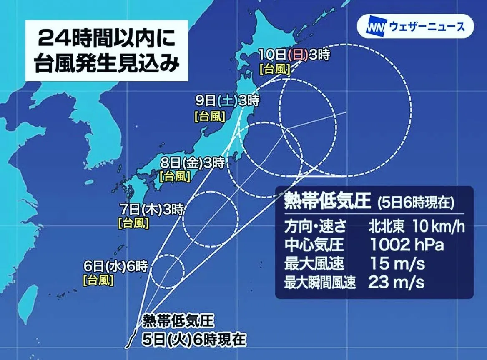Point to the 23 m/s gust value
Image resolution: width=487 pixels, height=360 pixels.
point(396,283)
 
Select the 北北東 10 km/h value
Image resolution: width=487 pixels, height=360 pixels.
point(416,226)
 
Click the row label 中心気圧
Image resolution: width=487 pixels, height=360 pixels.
point(308,245)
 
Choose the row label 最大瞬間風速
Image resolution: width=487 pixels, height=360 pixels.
point(320,283)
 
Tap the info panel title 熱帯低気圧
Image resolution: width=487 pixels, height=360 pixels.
point(327,201)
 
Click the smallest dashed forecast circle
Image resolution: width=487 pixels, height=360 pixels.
point(167,271)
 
